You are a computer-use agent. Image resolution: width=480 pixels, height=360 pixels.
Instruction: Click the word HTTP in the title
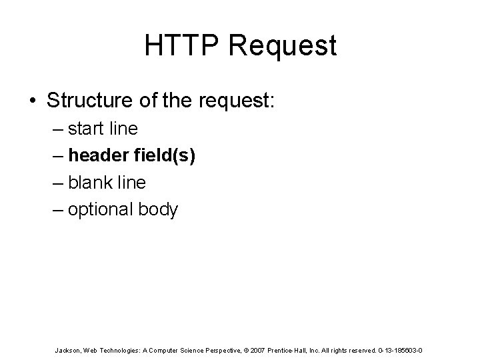point(174,46)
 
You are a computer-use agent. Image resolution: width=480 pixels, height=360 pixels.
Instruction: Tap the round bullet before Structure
point(33,101)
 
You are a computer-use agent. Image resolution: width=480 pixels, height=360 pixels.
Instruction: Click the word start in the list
point(90,128)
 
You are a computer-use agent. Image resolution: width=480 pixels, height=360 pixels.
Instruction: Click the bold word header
point(98,155)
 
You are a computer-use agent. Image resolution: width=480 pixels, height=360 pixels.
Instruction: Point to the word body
point(159,210)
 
